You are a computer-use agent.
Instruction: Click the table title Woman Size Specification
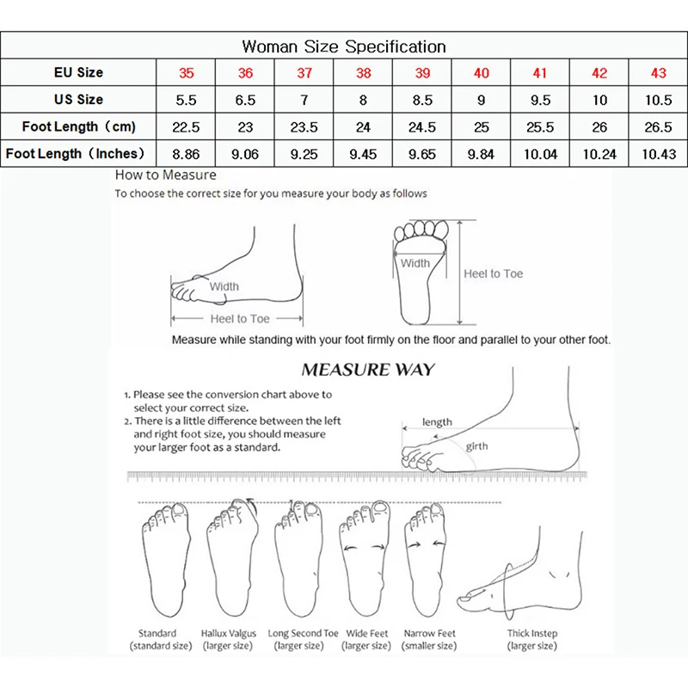[x=344, y=46]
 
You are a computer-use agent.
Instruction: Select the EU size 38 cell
[x=363, y=73]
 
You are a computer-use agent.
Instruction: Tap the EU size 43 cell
[x=657, y=73]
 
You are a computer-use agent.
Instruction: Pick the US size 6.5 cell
[x=245, y=100]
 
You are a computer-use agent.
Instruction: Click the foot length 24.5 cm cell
[x=422, y=127]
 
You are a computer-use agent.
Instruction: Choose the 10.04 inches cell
[x=540, y=154]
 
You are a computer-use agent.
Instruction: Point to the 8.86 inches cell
[x=186, y=154]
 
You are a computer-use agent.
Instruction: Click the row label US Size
[x=78, y=100]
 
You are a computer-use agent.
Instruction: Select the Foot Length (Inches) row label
[x=78, y=154]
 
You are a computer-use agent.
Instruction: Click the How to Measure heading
[x=166, y=175]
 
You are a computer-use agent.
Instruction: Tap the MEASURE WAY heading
[x=367, y=371]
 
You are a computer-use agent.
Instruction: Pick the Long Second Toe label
[x=297, y=634]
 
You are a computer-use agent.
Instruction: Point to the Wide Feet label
[x=367, y=634]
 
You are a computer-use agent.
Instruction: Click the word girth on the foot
[x=477, y=447]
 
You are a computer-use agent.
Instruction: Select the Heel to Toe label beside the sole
[x=493, y=273]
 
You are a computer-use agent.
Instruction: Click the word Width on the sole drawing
[x=415, y=263]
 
